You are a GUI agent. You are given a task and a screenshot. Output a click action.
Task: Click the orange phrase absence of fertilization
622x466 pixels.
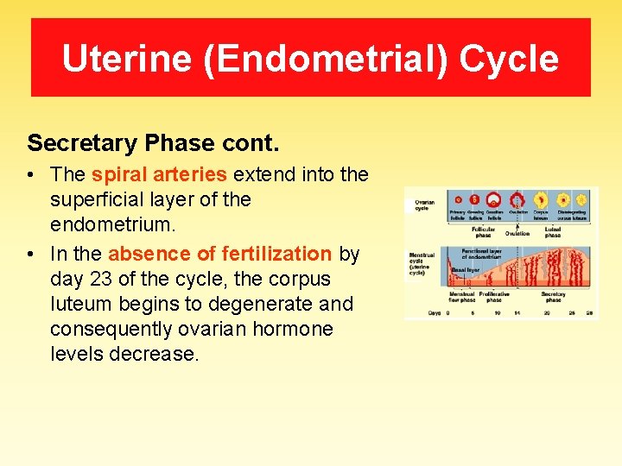[219, 254]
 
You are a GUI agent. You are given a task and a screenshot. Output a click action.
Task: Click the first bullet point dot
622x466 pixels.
[30, 175]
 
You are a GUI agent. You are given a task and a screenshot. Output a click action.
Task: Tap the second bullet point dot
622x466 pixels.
[30, 255]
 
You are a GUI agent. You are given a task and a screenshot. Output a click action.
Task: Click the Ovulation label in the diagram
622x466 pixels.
[517, 233]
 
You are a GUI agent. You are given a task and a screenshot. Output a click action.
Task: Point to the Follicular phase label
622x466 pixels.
[484, 233]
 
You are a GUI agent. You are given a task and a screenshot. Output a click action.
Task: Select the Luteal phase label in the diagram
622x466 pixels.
[553, 233]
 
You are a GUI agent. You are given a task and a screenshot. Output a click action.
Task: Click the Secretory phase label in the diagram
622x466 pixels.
[554, 297]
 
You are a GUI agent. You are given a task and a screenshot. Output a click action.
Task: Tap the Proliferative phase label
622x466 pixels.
[494, 297]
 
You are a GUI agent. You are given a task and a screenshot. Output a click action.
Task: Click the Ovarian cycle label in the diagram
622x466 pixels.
[422, 205]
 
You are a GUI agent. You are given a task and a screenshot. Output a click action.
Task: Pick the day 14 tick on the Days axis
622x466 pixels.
[517, 312]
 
